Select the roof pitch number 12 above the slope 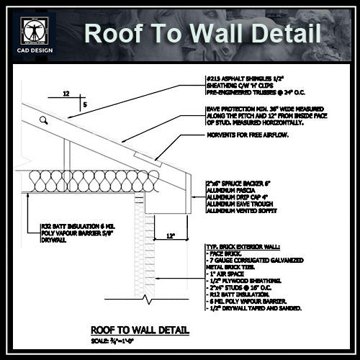66,94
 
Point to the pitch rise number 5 87,105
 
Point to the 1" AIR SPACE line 231,275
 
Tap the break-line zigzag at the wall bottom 146,297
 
